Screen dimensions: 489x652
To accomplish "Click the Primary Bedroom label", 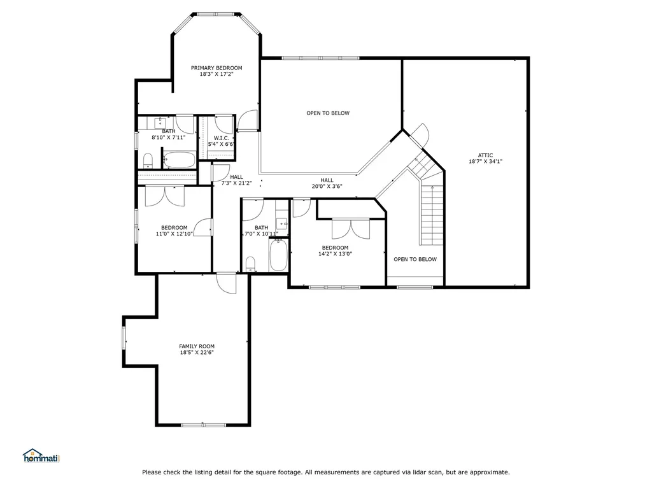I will pyautogui.click(x=216, y=68).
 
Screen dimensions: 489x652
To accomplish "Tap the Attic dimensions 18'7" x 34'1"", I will pyautogui.click(x=486, y=162).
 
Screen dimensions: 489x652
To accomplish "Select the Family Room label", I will pyautogui.click(x=196, y=346).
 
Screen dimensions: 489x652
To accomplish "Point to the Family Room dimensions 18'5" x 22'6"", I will pyautogui.click(x=196, y=353).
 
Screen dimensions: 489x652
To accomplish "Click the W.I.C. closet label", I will pyautogui.click(x=222, y=138).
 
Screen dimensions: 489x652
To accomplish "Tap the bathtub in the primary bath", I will pyautogui.click(x=178, y=159).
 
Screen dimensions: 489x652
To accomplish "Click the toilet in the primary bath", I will pyautogui.click(x=148, y=159).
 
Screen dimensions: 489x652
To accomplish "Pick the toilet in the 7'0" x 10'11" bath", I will pyautogui.click(x=251, y=264).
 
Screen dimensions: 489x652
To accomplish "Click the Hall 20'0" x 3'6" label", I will pyautogui.click(x=327, y=181).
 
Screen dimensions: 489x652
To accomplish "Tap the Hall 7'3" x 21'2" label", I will pyautogui.click(x=236, y=178).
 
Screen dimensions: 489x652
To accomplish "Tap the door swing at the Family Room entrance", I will pyautogui.click(x=226, y=283).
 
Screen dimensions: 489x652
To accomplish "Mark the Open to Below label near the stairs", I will pyautogui.click(x=415, y=259).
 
